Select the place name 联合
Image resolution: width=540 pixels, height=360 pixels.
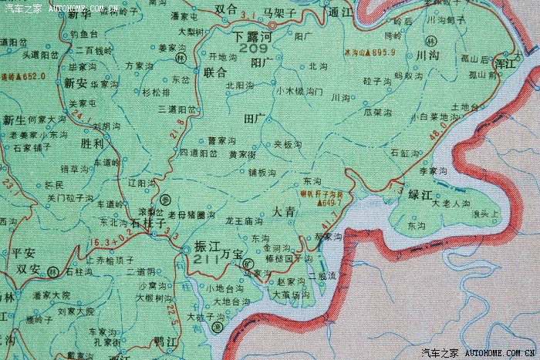(216, 72)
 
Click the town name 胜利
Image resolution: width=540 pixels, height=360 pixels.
(92, 142)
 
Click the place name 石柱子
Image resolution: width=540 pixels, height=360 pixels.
(149, 222)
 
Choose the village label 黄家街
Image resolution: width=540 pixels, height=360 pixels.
(221, 155)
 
